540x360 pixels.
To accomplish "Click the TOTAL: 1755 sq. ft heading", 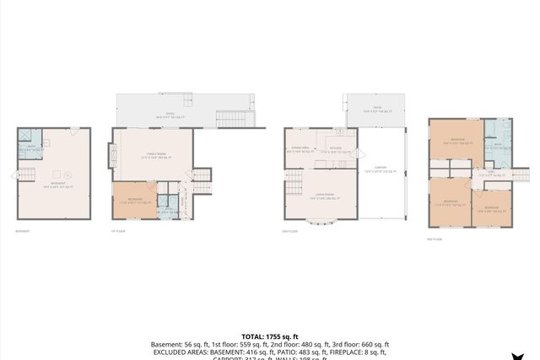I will (269, 336).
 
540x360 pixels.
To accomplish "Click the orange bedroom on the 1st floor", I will (134, 201).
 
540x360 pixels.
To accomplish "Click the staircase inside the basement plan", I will (25, 175).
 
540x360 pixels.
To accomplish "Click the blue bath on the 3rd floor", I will (497, 142).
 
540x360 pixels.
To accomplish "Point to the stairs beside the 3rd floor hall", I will (521, 174).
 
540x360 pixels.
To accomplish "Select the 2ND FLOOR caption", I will (292, 231).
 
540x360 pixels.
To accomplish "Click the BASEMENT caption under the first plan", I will (25, 231).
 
